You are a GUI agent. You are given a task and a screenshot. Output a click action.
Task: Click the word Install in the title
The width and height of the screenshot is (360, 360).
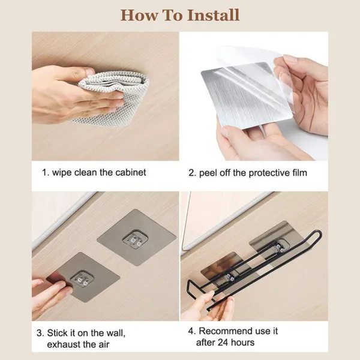tap(213, 15)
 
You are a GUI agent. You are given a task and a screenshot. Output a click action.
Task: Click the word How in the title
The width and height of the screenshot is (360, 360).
tap(139, 15)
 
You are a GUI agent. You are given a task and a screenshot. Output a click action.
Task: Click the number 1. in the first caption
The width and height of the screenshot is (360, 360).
tap(46, 172)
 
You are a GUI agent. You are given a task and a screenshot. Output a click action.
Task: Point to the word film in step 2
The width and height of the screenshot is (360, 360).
tap(300, 173)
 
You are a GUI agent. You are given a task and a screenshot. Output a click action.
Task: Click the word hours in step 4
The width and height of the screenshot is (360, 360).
tap(242, 343)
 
